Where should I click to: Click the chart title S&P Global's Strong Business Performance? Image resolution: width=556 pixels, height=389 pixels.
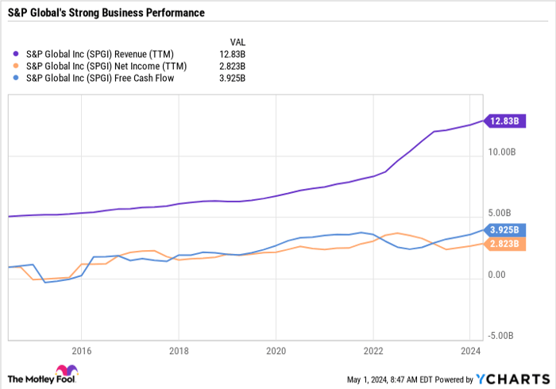(x=106, y=13)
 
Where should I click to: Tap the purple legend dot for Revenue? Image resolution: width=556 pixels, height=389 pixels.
(x=16, y=55)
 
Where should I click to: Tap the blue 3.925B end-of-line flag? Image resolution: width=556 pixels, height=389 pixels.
(x=504, y=230)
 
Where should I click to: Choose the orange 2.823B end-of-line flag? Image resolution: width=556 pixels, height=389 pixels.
(x=504, y=244)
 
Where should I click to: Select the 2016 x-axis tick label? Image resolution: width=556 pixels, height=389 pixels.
(x=80, y=350)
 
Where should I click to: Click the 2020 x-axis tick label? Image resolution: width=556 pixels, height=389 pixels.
(x=276, y=350)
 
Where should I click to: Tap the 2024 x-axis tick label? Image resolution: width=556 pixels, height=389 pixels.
(x=471, y=350)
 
